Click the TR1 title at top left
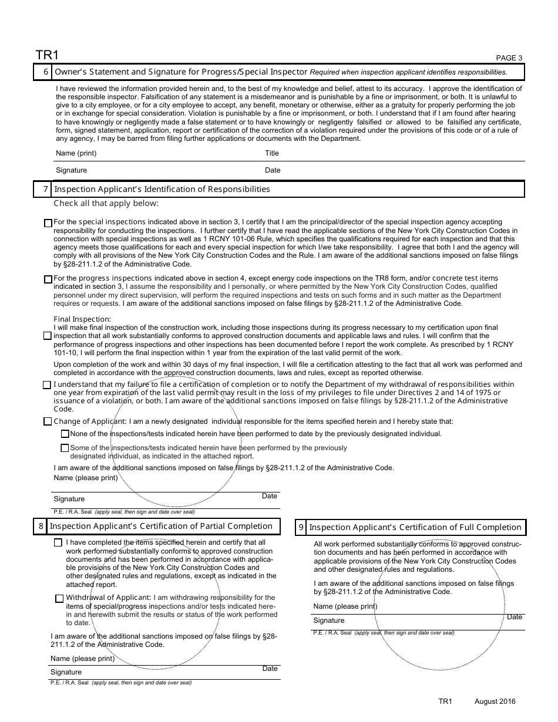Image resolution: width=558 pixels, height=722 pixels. pos(47,55)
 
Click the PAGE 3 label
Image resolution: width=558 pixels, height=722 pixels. pos(509,58)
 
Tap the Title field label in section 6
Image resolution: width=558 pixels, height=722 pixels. pos(272,153)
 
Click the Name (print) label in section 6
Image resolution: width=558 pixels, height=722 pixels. pos(76,153)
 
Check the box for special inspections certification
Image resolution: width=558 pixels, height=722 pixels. pos(48,223)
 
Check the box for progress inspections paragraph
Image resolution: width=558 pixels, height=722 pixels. pos(48,279)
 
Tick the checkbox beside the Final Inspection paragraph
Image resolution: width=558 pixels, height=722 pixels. pos(48,336)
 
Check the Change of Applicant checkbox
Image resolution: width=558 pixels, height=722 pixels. pos(48,421)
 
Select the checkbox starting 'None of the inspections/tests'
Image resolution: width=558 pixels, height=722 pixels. pos(65,434)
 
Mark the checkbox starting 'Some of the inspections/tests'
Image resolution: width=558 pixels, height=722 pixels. pos(65,448)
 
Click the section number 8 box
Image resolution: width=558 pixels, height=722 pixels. pos(41,526)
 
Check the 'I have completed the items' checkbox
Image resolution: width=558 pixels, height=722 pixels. pos(58,543)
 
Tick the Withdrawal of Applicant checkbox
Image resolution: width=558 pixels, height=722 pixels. pos(59,599)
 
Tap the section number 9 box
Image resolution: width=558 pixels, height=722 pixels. pos(301,527)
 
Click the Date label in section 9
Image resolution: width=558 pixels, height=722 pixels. pos(515,617)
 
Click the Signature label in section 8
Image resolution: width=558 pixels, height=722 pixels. pos(66,672)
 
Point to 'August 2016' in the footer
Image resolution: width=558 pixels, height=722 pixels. pos(495,701)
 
